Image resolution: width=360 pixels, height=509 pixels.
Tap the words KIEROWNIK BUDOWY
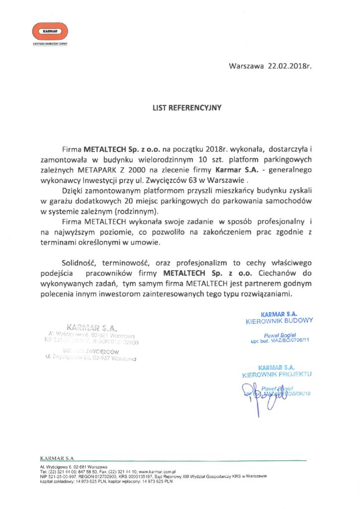pyautogui.click(x=279, y=321)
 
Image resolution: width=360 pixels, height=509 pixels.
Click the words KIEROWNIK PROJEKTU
pyautogui.click(x=277, y=374)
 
